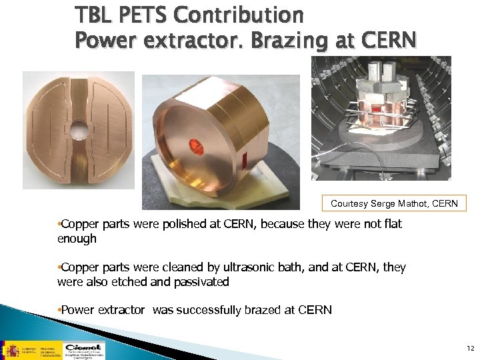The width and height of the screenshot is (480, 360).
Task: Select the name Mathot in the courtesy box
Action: [411, 203]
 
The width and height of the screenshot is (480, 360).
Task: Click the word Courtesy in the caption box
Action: [351, 203]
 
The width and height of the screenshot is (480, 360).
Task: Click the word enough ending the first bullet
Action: [77, 238]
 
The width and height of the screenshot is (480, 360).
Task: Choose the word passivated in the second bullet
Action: [199, 282]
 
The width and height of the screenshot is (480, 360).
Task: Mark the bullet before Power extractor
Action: [59, 310]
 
